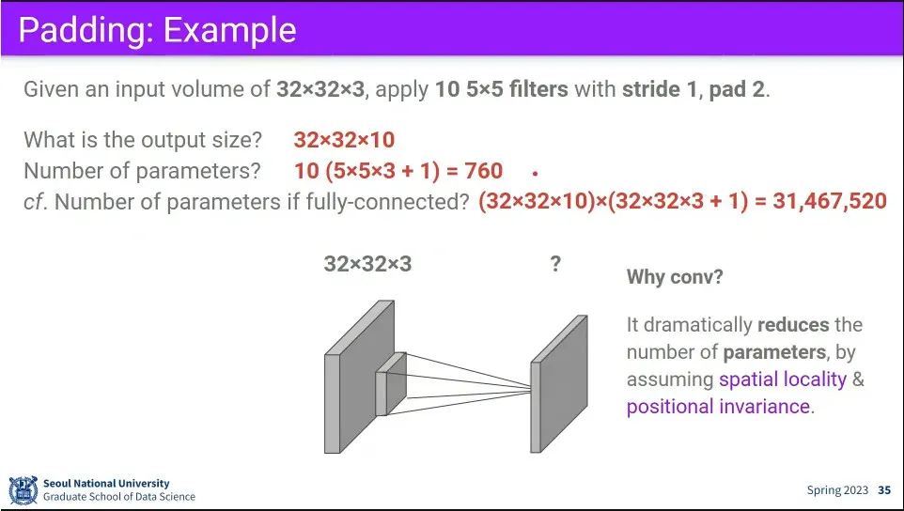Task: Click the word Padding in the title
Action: [x=84, y=30]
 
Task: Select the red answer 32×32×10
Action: [x=344, y=139]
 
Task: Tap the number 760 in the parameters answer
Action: [x=483, y=171]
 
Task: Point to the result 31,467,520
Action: [x=830, y=200]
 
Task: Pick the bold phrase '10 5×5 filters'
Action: [x=502, y=89]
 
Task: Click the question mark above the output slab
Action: [x=555, y=264]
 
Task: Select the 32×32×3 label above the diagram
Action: [x=367, y=264]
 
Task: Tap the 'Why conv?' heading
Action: [x=675, y=277]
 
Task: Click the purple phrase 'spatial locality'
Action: [x=783, y=379]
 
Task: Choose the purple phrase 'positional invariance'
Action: [x=718, y=406]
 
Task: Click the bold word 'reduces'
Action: [x=793, y=325]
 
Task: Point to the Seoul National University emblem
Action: [x=23, y=489]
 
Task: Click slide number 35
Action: [x=884, y=490]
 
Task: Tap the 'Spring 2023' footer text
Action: [x=837, y=491]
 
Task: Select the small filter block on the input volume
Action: [x=391, y=383]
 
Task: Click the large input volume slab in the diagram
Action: [x=359, y=377]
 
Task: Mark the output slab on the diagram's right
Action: [x=559, y=383]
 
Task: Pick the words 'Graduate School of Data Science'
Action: [x=119, y=497]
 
